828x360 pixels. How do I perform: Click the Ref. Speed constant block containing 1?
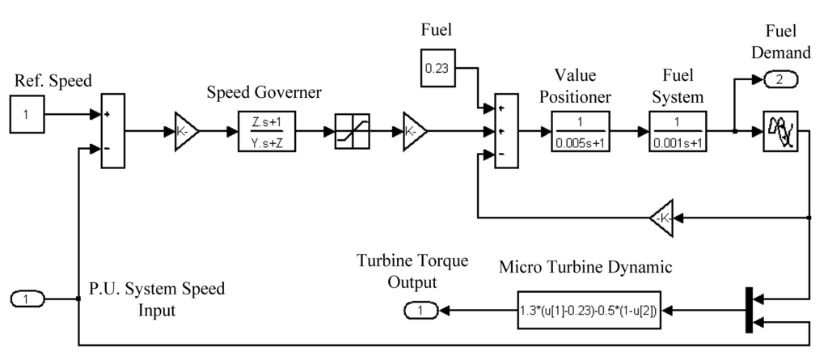27,114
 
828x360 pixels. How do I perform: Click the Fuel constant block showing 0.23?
437,69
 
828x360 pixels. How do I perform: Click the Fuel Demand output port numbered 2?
779,79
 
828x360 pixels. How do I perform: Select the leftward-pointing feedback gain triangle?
662,217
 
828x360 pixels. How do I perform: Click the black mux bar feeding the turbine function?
747,309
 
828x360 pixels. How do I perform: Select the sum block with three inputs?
505,129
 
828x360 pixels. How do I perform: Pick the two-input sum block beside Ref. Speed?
112,129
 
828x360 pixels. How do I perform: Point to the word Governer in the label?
289,92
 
